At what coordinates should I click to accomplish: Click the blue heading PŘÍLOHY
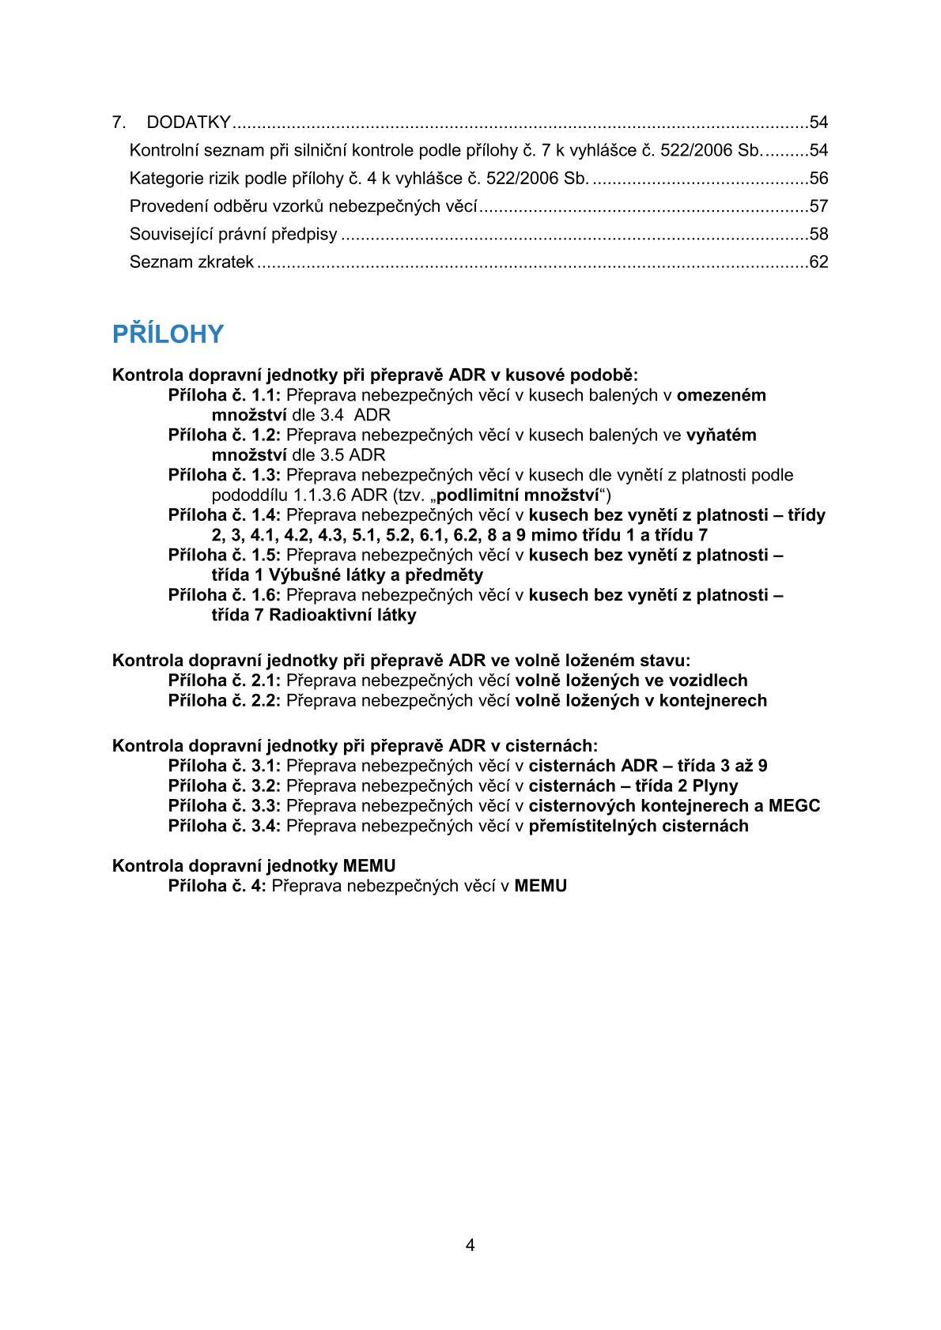click(168, 334)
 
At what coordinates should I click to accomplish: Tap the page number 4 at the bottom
click(470, 1246)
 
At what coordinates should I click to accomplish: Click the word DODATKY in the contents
click(188, 122)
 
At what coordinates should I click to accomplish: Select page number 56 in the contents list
click(818, 179)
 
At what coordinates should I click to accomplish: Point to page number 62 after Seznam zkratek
click(818, 262)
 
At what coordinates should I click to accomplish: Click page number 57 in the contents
click(818, 207)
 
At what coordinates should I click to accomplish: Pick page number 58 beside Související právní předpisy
click(818, 235)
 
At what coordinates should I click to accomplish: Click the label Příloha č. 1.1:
click(225, 395)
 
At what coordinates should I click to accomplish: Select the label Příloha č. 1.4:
click(225, 515)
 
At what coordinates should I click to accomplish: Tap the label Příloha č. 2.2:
click(225, 700)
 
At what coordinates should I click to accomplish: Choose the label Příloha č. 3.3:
click(225, 805)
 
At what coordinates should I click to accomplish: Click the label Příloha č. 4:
click(217, 886)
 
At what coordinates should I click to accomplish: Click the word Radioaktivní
click(317, 615)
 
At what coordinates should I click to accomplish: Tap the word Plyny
click(715, 786)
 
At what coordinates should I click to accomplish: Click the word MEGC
click(794, 805)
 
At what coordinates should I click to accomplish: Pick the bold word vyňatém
click(721, 435)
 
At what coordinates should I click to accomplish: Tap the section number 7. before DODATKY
click(119, 122)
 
